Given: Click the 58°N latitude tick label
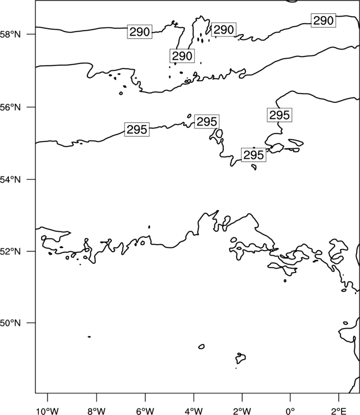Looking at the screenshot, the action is point(10,34).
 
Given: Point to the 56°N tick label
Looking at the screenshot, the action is point(10,107).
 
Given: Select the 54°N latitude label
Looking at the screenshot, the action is point(10,180).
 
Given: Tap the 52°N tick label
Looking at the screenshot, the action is point(10,251).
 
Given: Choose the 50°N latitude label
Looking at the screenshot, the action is point(10,323).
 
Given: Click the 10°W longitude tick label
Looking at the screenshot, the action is point(48,411).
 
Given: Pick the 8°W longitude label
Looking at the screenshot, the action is point(96,411).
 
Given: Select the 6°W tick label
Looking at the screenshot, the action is point(145,411).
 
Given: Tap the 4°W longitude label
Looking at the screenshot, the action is point(194,411).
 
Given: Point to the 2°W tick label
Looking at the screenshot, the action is point(242,411).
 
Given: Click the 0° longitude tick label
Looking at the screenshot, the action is point(290,411).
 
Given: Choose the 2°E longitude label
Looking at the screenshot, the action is point(339,411).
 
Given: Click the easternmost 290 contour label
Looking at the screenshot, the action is point(323,20).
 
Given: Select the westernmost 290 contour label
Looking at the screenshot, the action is point(140,32).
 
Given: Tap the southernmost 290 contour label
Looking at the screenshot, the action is point(182,56).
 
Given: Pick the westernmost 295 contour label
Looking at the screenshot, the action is point(137,129).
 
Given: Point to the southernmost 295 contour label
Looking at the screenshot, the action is point(254,155).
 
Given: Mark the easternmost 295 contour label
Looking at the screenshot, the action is point(280,115).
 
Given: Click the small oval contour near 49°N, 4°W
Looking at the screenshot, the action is point(202,346).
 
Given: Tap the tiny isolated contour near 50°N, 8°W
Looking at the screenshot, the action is point(89,336).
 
